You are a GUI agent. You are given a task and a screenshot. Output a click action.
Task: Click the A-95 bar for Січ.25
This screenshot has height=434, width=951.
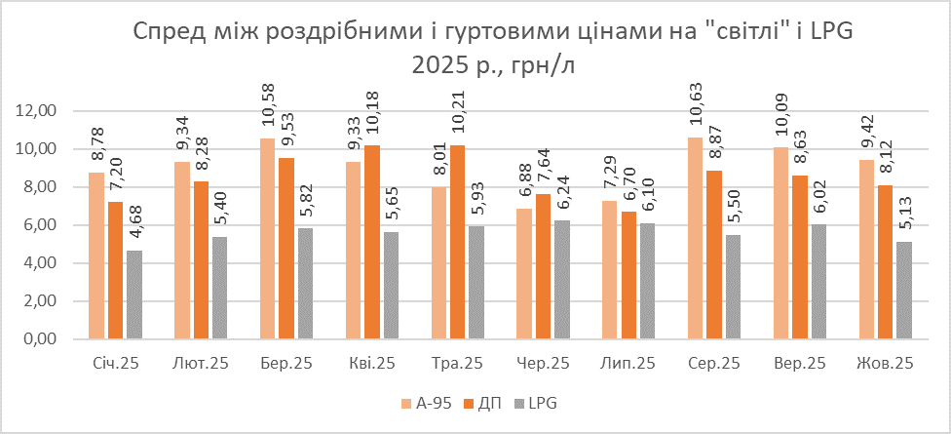point(95,256)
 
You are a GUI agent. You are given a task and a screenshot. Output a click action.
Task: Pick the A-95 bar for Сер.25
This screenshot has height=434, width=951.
point(696,239)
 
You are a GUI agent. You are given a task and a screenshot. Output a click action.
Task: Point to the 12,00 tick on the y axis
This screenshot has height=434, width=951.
point(39,111)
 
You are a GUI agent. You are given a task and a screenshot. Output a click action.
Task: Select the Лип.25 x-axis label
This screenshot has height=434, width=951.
point(628,364)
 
